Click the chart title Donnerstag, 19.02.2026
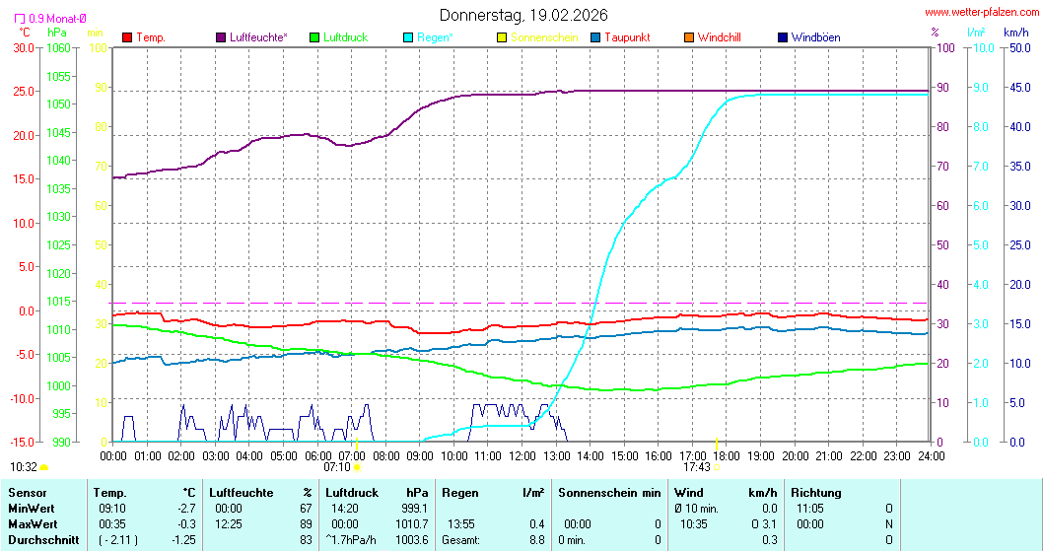tap(522, 15)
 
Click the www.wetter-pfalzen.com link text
tap(980, 12)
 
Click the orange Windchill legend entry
tap(719, 37)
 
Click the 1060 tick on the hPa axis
tap(58, 47)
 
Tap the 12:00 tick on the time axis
tap(521, 455)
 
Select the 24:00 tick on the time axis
tap(931, 455)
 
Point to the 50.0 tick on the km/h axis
tap(1016, 47)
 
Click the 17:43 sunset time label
tap(696, 467)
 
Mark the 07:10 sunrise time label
tap(337, 467)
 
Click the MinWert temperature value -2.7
tap(185, 508)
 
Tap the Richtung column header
tap(816, 492)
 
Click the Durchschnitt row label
tap(38, 539)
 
